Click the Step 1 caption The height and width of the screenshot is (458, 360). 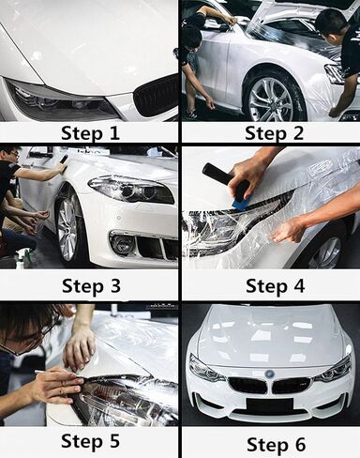pos(90,133)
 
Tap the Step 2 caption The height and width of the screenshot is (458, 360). pos(274,133)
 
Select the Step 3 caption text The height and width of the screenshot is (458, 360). pos(91,285)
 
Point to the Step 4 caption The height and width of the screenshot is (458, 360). pos(275,285)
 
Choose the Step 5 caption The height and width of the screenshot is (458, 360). pos(90,441)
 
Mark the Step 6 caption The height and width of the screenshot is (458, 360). pos(276,444)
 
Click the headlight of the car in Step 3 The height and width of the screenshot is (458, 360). pos(131,190)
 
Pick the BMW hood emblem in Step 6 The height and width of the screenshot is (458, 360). pos(269,374)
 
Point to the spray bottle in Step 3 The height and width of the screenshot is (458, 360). pos(22,257)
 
